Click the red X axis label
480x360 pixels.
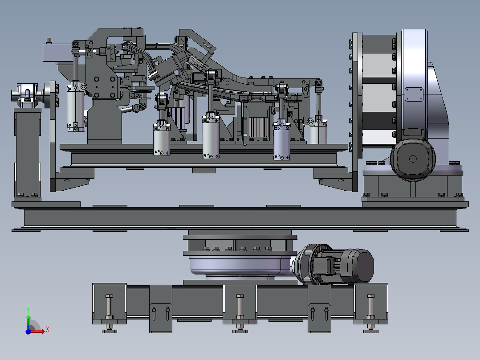click(48, 330)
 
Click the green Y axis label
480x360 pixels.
click(28, 310)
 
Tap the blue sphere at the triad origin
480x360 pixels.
click(28, 331)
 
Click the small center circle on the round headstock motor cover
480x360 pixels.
click(413, 159)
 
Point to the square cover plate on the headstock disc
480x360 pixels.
click(414, 94)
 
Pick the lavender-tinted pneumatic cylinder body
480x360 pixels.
click(281, 140)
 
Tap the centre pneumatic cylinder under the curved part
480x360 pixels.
click(211, 135)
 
